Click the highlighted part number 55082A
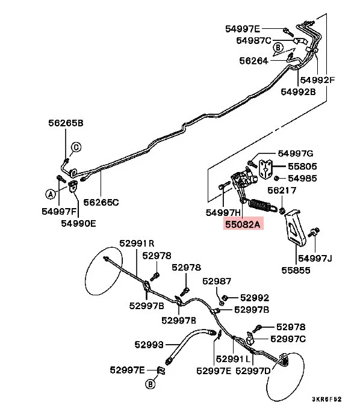point(243,224)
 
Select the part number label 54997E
point(243,29)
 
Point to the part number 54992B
point(298,92)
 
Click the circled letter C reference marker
point(76,147)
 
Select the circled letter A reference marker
point(51,194)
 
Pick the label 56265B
point(66,123)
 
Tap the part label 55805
point(302,166)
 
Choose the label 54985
point(302,178)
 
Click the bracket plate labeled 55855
point(296,227)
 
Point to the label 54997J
point(315,258)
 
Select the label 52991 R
point(137,244)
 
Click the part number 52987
point(217,281)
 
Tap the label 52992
point(255,298)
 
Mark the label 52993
point(149,345)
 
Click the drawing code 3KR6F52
point(326,399)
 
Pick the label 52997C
point(288,339)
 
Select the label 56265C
point(101,202)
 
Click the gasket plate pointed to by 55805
point(265,170)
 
